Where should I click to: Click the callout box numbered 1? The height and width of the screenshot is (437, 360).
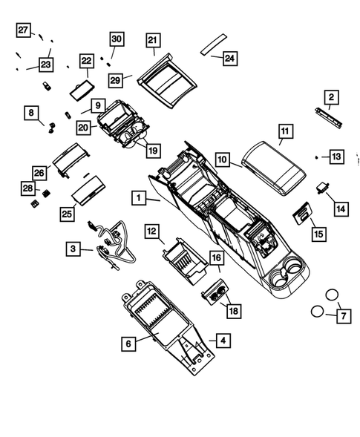tap(137, 198)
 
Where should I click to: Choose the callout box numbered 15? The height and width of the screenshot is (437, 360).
tap(318, 234)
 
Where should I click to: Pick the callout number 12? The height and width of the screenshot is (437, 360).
tap(151, 232)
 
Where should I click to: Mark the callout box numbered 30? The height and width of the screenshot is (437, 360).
tap(116, 39)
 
